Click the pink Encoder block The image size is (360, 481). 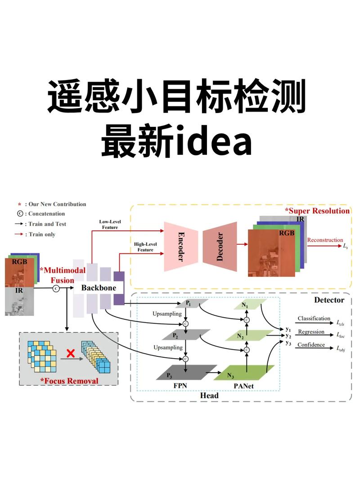(x=181, y=247)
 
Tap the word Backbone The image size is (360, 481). (x=99, y=288)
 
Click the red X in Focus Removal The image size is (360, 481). (x=70, y=353)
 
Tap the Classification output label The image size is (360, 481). (x=314, y=319)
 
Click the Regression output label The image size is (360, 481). (x=311, y=332)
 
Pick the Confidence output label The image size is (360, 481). (x=311, y=345)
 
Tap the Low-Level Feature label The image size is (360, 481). (x=108, y=225)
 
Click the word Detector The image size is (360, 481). (x=329, y=300)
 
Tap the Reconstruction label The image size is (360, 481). (x=325, y=240)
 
